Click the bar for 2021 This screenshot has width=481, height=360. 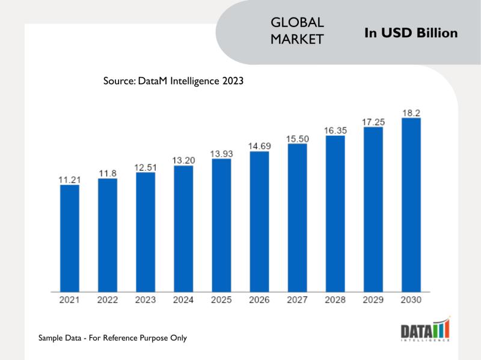point(69,239)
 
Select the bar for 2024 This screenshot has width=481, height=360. point(183,229)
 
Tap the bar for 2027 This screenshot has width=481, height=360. point(297,218)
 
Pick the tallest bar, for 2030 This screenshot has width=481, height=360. point(411,205)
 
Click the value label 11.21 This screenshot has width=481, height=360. point(69,178)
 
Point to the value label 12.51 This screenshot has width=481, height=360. point(146,166)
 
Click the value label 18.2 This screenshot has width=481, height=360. point(411,112)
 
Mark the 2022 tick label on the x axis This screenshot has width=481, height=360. point(108,300)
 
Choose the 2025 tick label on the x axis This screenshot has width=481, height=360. point(221,300)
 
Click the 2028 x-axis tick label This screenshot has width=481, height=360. point(335,300)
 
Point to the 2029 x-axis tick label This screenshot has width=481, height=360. point(373,300)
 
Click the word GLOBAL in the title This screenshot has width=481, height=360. point(298,23)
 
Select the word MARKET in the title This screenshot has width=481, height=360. point(298,40)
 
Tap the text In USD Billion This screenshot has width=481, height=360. point(411,33)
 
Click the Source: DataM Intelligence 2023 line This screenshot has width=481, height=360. point(173,81)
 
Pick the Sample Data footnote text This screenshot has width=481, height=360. point(112,338)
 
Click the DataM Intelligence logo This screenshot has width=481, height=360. point(425,330)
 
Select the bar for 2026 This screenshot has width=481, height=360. point(259,222)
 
